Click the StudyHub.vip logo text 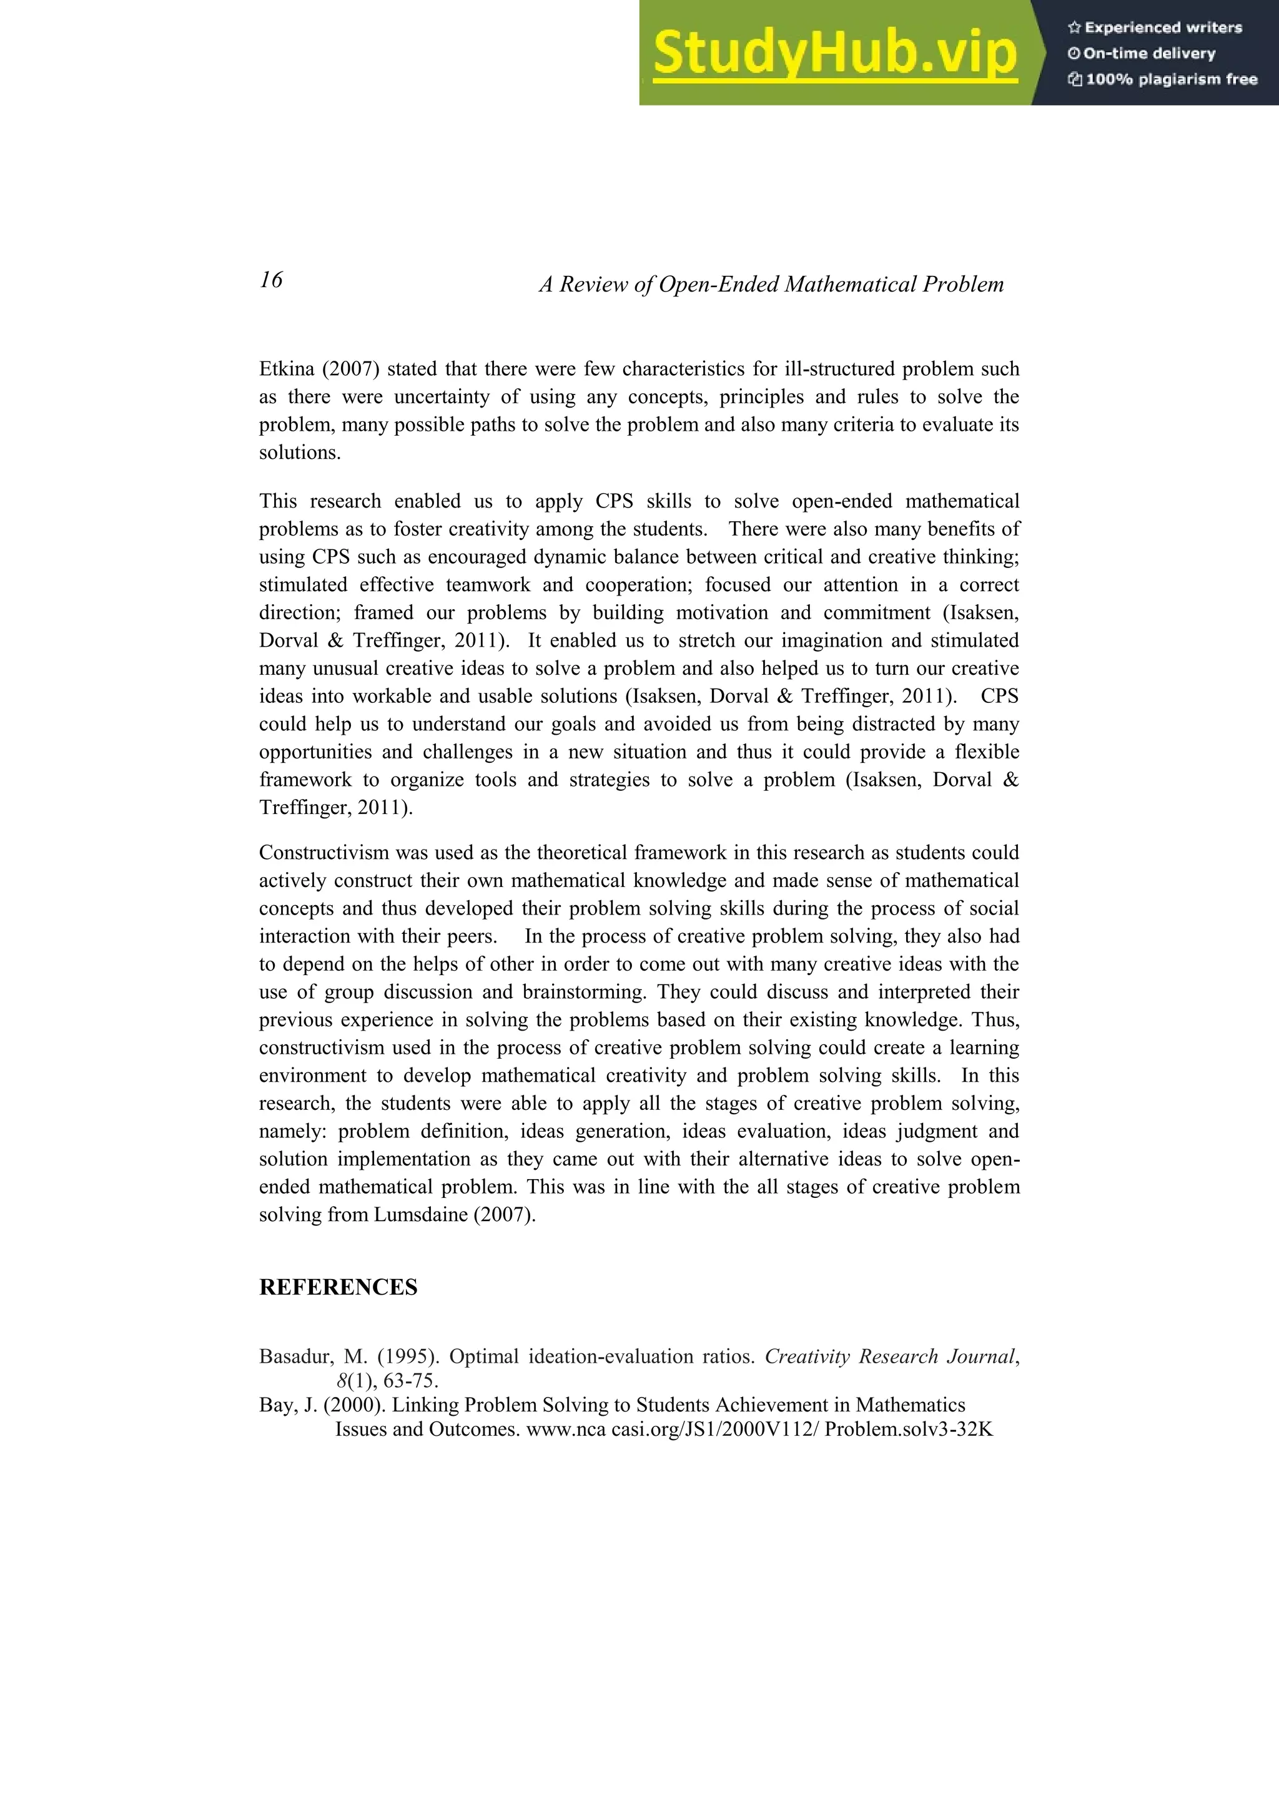[834, 54]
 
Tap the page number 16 [271, 280]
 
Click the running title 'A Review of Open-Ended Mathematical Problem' [771, 285]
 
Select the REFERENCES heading [338, 1287]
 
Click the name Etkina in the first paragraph [286, 369]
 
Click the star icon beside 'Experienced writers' [1074, 27]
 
